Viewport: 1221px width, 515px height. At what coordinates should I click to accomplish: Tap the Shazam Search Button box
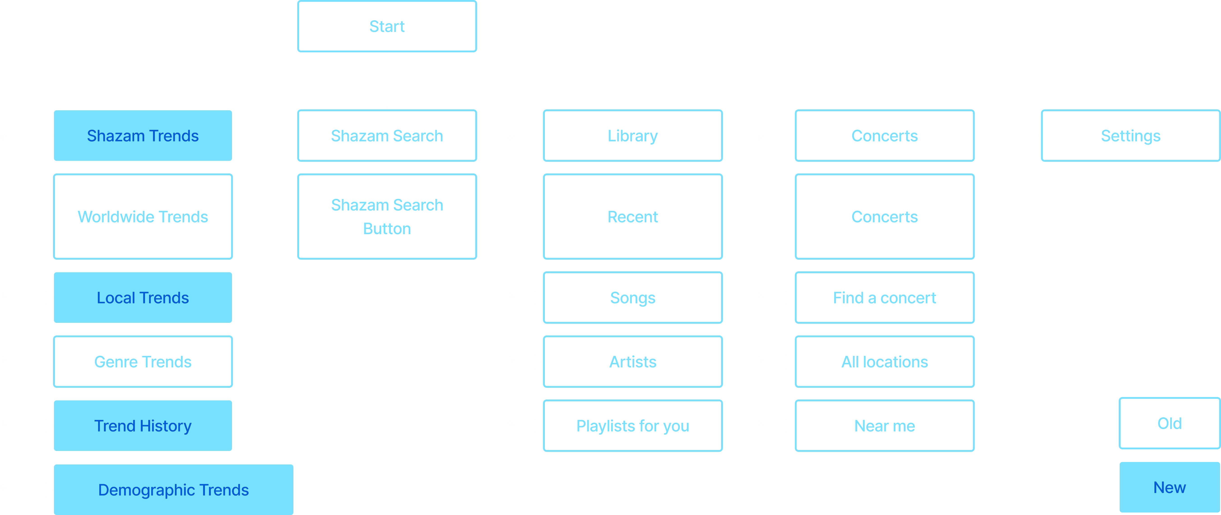tap(387, 217)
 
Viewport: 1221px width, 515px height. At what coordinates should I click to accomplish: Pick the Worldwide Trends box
tap(143, 217)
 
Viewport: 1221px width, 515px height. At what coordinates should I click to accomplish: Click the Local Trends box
tap(143, 298)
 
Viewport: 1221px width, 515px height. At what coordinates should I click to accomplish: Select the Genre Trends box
tap(143, 362)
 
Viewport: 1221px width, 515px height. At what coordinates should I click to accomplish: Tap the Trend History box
tap(143, 425)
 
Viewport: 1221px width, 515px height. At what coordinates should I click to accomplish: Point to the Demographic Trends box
tap(174, 490)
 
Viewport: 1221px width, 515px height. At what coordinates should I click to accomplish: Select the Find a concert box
tap(884, 298)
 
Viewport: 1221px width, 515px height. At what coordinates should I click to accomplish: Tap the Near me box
tap(884, 425)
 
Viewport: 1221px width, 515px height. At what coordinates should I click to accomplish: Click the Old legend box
tap(1169, 423)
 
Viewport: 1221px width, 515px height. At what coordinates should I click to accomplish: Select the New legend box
tap(1169, 487)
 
